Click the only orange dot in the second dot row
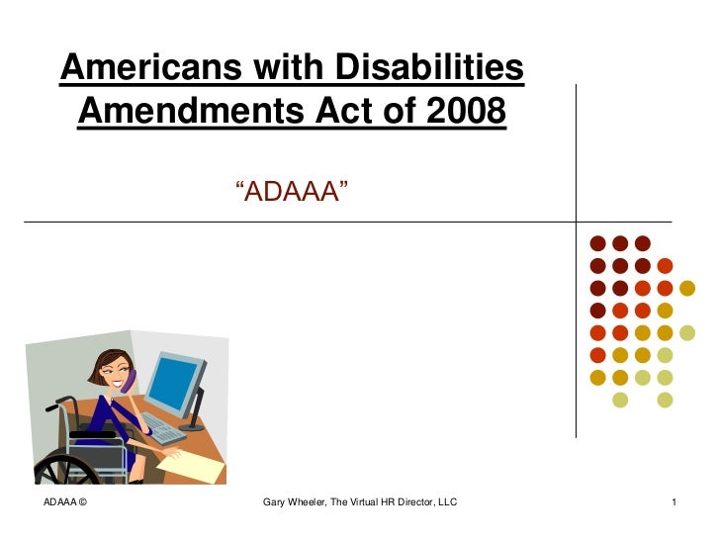[665, 265]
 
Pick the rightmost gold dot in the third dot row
[687, 288]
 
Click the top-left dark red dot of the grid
[596, 242]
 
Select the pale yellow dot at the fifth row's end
[687, 332]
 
